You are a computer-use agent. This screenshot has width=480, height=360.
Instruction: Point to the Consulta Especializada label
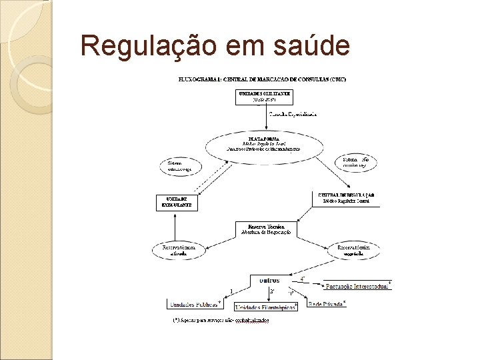(x=293, y=115)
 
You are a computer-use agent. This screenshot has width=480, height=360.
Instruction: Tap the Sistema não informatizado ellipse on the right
(x=360, y=163)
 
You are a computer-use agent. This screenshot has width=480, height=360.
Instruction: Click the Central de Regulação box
(x=345, y=197)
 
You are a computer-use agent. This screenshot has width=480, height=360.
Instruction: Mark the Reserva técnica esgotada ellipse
(x=353, y=250)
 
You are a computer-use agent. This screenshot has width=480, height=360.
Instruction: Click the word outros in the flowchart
(x=269, y=280)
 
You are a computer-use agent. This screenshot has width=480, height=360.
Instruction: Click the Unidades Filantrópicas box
(x=265, y=307)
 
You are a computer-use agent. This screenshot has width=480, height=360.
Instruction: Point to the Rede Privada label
(x=325, y=304)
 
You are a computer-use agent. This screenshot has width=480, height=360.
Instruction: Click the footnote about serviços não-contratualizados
(x=221, y=320)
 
